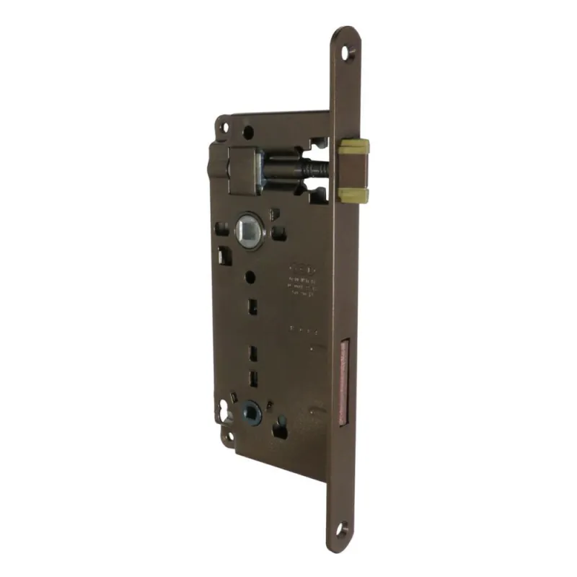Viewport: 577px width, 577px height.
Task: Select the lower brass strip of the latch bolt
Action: click(x=354, y=195)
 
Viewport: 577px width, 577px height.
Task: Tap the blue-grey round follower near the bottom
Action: click(x=251, y=413)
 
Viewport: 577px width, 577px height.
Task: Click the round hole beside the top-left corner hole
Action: click(x=248, y=133)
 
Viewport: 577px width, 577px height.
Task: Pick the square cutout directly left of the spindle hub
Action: click(x=223, y=230)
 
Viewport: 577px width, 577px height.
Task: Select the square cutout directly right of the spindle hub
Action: click(x=279, y=233)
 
